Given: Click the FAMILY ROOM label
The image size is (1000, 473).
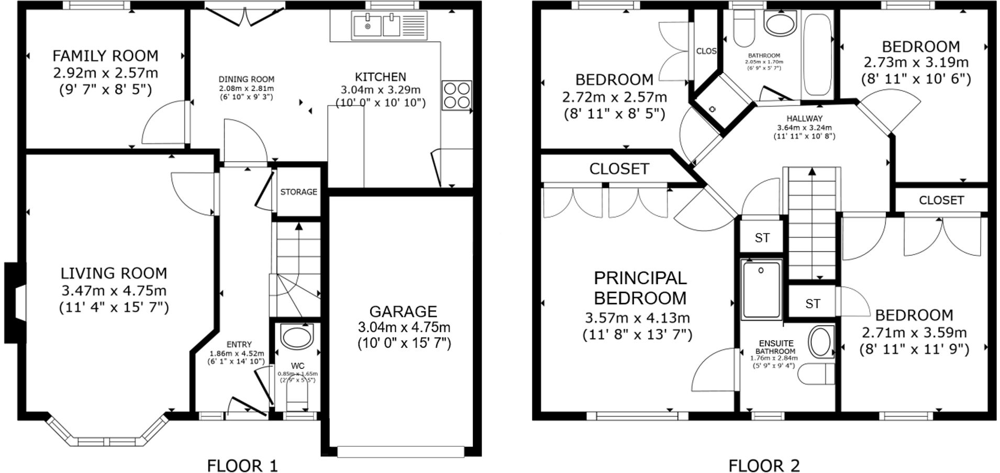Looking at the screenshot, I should [105, 55].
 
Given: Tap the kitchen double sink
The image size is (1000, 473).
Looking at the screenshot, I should [376, 26].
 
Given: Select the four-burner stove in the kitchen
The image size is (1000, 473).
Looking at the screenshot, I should [456, 95].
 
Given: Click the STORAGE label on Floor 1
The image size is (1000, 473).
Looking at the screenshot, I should [298, 192].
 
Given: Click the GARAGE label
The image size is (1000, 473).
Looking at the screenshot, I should [403, 312].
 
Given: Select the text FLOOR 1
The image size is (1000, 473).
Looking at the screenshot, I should [242, 465].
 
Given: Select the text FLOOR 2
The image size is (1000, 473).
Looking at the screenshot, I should [764, 465].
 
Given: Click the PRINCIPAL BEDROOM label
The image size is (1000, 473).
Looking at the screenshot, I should [640, 288].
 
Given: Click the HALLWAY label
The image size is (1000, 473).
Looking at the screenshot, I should [804, 119].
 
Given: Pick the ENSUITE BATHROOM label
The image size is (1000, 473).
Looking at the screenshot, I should [776, 347].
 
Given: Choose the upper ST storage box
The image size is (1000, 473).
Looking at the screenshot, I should [762, 238].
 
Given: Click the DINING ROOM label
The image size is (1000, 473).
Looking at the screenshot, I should [246, 80].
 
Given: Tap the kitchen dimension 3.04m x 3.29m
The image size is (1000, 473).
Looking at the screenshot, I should [381, 89].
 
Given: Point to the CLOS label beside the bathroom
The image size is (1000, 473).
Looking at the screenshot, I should [706, 51].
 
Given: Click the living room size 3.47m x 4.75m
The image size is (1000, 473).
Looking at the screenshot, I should [114, 290].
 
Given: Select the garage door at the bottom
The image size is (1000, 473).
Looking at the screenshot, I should [401, 451].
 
